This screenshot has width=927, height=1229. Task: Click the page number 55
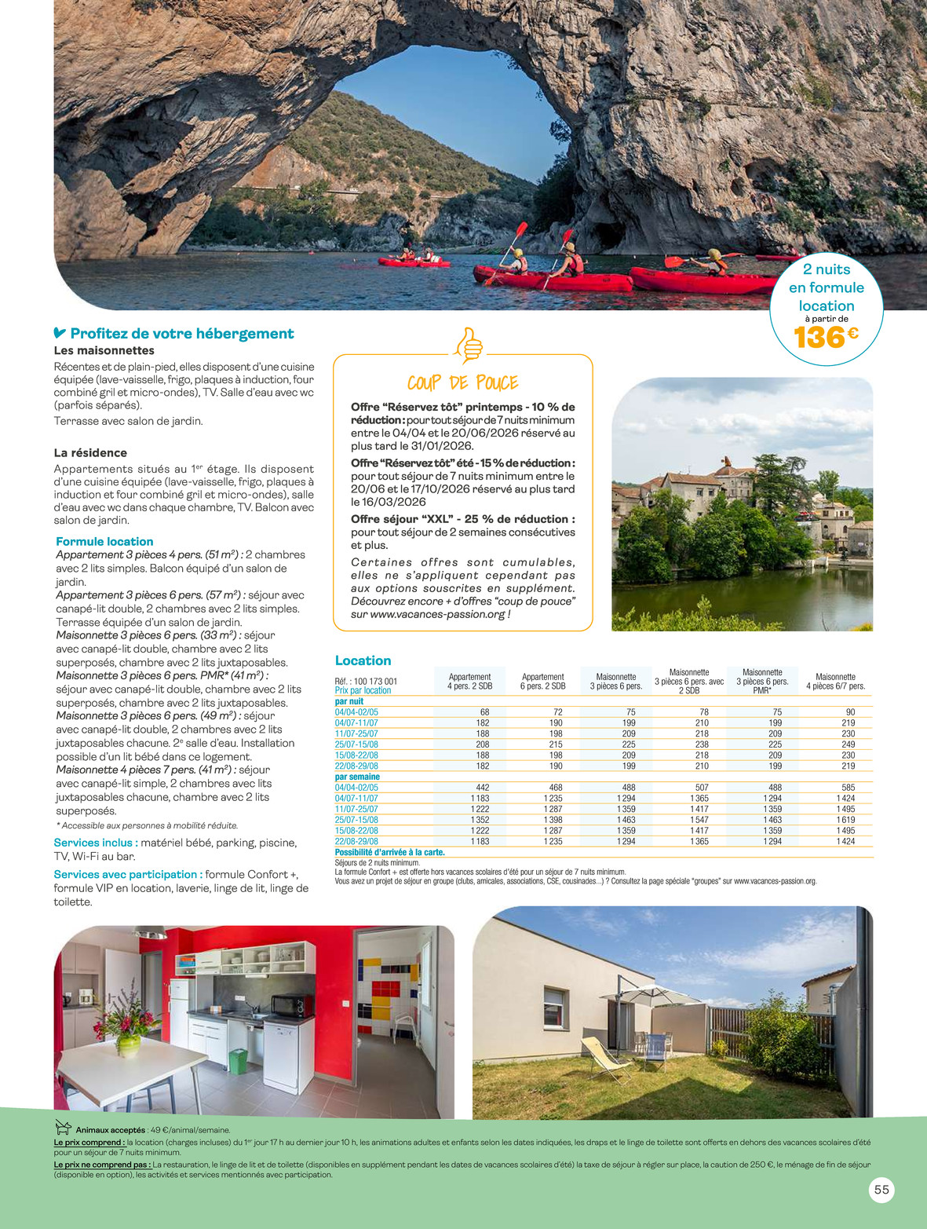[881, 1190]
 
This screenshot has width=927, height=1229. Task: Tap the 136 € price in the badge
[826, 337]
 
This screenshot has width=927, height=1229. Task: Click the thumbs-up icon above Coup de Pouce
[469, 345]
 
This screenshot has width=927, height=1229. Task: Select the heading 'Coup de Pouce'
[462, 383]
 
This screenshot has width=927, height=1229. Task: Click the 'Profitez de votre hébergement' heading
[181, 334]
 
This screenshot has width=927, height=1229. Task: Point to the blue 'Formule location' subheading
[104, 541]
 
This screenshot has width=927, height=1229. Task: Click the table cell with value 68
[484, 712]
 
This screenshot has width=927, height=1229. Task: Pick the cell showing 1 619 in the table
[845, 820]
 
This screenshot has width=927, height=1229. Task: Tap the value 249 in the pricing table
[848, 744]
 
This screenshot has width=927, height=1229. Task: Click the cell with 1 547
[699, 820]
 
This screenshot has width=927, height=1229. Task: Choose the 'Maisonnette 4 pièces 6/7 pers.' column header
[835, 682]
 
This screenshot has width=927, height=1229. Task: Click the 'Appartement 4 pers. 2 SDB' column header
[469, 682]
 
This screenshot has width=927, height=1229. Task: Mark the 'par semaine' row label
[357, 777]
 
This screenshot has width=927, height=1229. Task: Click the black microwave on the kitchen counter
[292, 1005]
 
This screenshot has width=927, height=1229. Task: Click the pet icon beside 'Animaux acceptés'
[64, 1128]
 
